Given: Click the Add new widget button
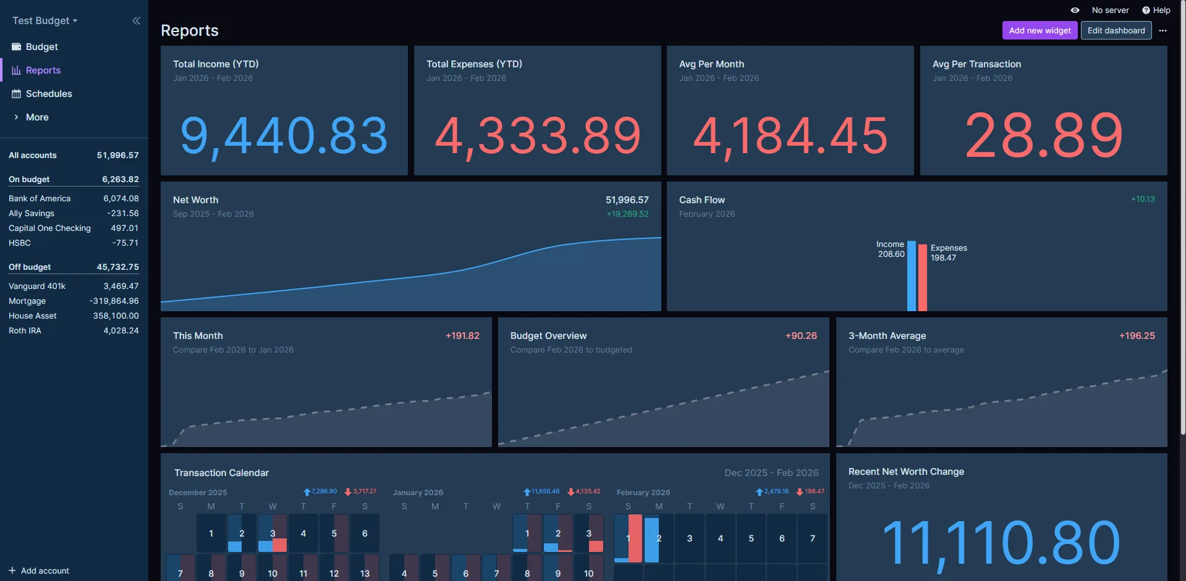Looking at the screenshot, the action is tap(1040, 30).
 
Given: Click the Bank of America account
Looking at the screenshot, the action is tap(40, 198).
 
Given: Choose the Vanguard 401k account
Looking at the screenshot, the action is tap(37, 286).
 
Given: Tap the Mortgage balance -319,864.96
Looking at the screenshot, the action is tap(114, 301).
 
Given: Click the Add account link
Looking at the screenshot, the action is tap(39, 571).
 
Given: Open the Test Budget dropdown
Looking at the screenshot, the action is tap(45, 20).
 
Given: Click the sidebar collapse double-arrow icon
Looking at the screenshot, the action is tap(136, 20).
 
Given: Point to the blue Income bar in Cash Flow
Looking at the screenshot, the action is tap(911, 276).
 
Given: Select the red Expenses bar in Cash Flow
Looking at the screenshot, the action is tap(922, 278).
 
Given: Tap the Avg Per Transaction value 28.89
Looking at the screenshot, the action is tap(1044, 135).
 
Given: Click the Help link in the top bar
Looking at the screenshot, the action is tap(1156, 10).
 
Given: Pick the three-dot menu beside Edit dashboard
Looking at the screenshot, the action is tap(1163, 30).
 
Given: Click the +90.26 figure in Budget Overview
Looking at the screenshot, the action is tap(801, 336).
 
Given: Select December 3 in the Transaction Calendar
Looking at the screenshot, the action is tap(273, 533).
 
